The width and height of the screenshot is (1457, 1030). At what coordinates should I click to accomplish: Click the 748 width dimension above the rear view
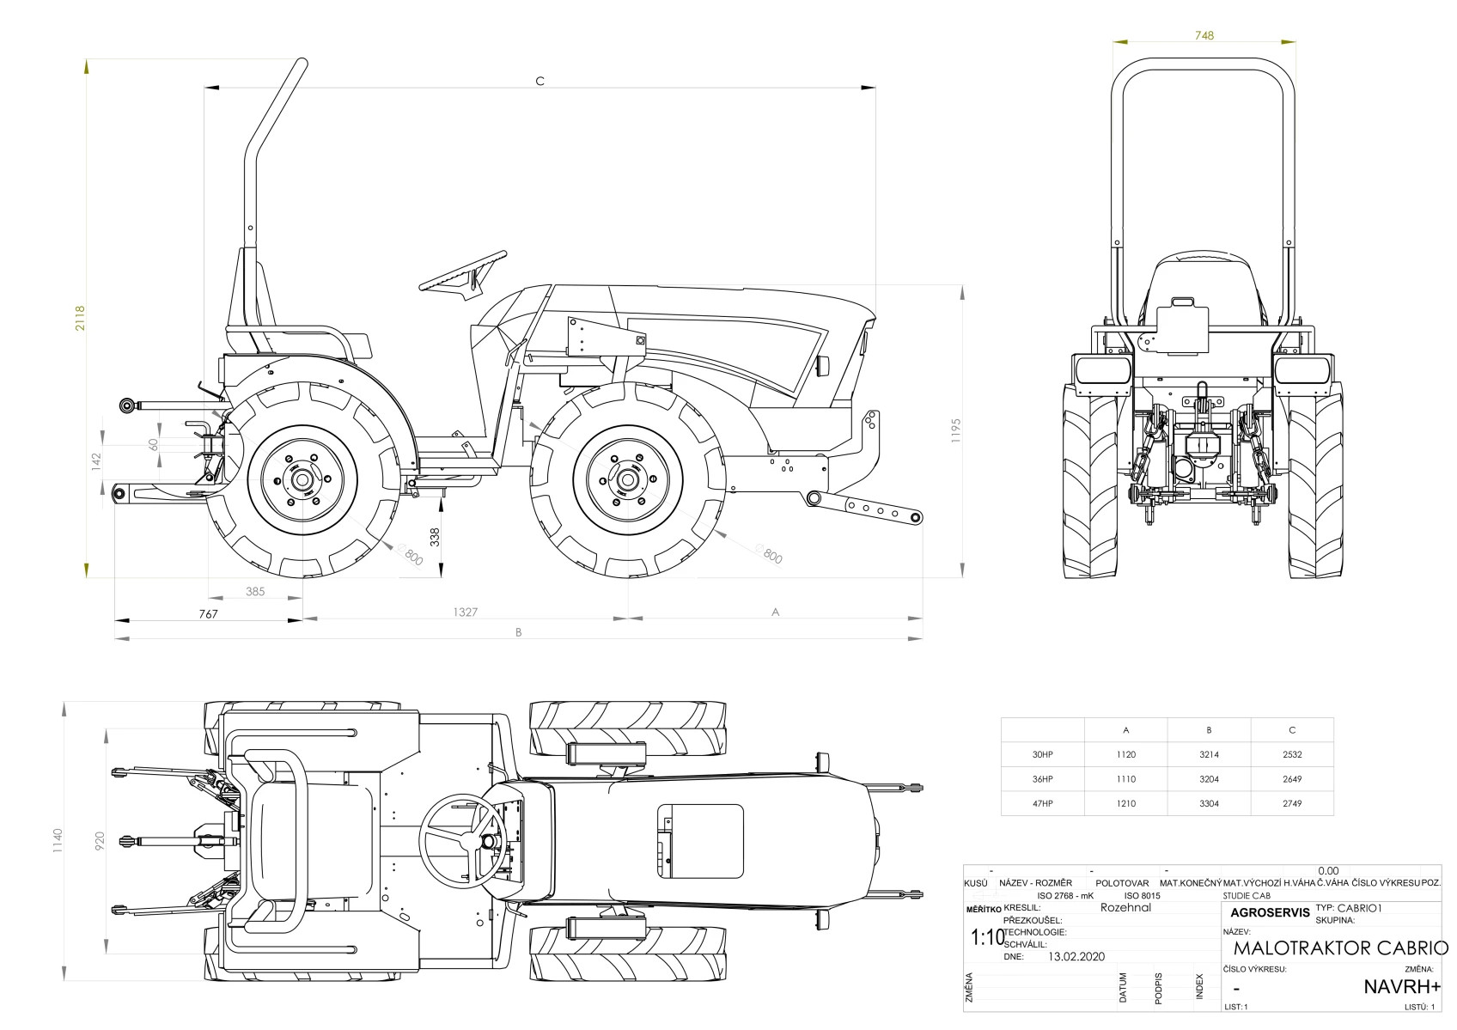(1204, 35)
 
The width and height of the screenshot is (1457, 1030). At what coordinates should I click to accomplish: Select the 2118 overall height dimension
(80, 318)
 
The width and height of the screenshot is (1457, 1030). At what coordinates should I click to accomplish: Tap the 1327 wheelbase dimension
(465, 613)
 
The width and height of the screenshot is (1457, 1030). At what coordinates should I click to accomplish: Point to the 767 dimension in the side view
(208, 613)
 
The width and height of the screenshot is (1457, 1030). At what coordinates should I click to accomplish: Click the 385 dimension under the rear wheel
(255, 591)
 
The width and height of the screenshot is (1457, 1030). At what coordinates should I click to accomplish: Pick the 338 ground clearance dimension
(435, 537)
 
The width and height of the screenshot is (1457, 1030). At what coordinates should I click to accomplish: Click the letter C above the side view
(540, 81)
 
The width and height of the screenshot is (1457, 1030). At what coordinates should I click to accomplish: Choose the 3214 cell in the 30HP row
(1209, 755)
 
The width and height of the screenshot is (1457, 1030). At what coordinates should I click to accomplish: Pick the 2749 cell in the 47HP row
(1291, 804)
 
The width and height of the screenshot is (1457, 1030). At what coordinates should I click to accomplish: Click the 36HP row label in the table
(1042, 779)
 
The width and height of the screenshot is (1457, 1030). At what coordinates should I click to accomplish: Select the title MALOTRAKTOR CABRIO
(1340, 948)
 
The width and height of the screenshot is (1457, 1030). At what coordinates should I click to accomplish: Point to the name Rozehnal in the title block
(1125, 907)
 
